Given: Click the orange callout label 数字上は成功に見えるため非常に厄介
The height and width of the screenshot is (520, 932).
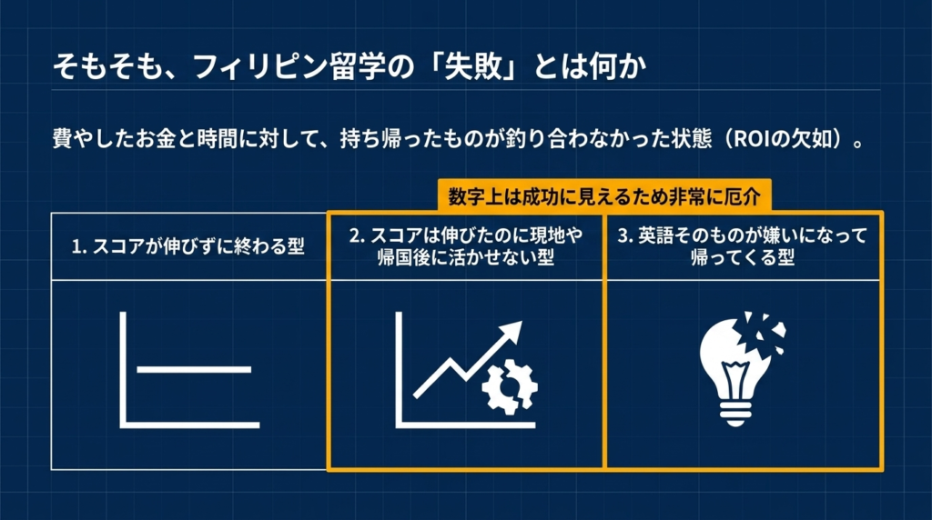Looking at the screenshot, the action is pyautogui.click(x=604, y=195).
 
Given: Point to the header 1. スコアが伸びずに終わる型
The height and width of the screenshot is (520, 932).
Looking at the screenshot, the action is pyautogui.click(x=188, y=246).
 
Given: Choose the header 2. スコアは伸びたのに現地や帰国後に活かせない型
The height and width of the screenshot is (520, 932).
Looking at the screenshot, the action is pyautogui.click(x=465, y=246).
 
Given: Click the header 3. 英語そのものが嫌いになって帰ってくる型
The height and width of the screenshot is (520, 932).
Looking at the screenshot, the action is pyautogui.click(x=743, y=246).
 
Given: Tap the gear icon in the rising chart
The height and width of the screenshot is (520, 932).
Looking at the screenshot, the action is pyautogui.click(x=510, y=386).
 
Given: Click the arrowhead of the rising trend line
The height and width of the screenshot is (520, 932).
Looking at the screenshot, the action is pyautogui.click(x=511, y=333).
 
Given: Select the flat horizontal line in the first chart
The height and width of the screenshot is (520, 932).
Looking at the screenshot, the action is pyautogui.click(x=195, y=370).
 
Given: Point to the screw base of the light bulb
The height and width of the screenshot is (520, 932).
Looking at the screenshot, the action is pyautogui.click(x=735, y=413).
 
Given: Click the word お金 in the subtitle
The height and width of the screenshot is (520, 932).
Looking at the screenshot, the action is pyautogui.click(x=157, y=139).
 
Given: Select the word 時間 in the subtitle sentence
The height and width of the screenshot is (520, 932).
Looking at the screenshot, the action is pyautogui.click(x=218, y=139).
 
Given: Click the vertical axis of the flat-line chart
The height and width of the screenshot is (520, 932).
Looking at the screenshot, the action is pyautogui.click(x=123, y=369).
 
